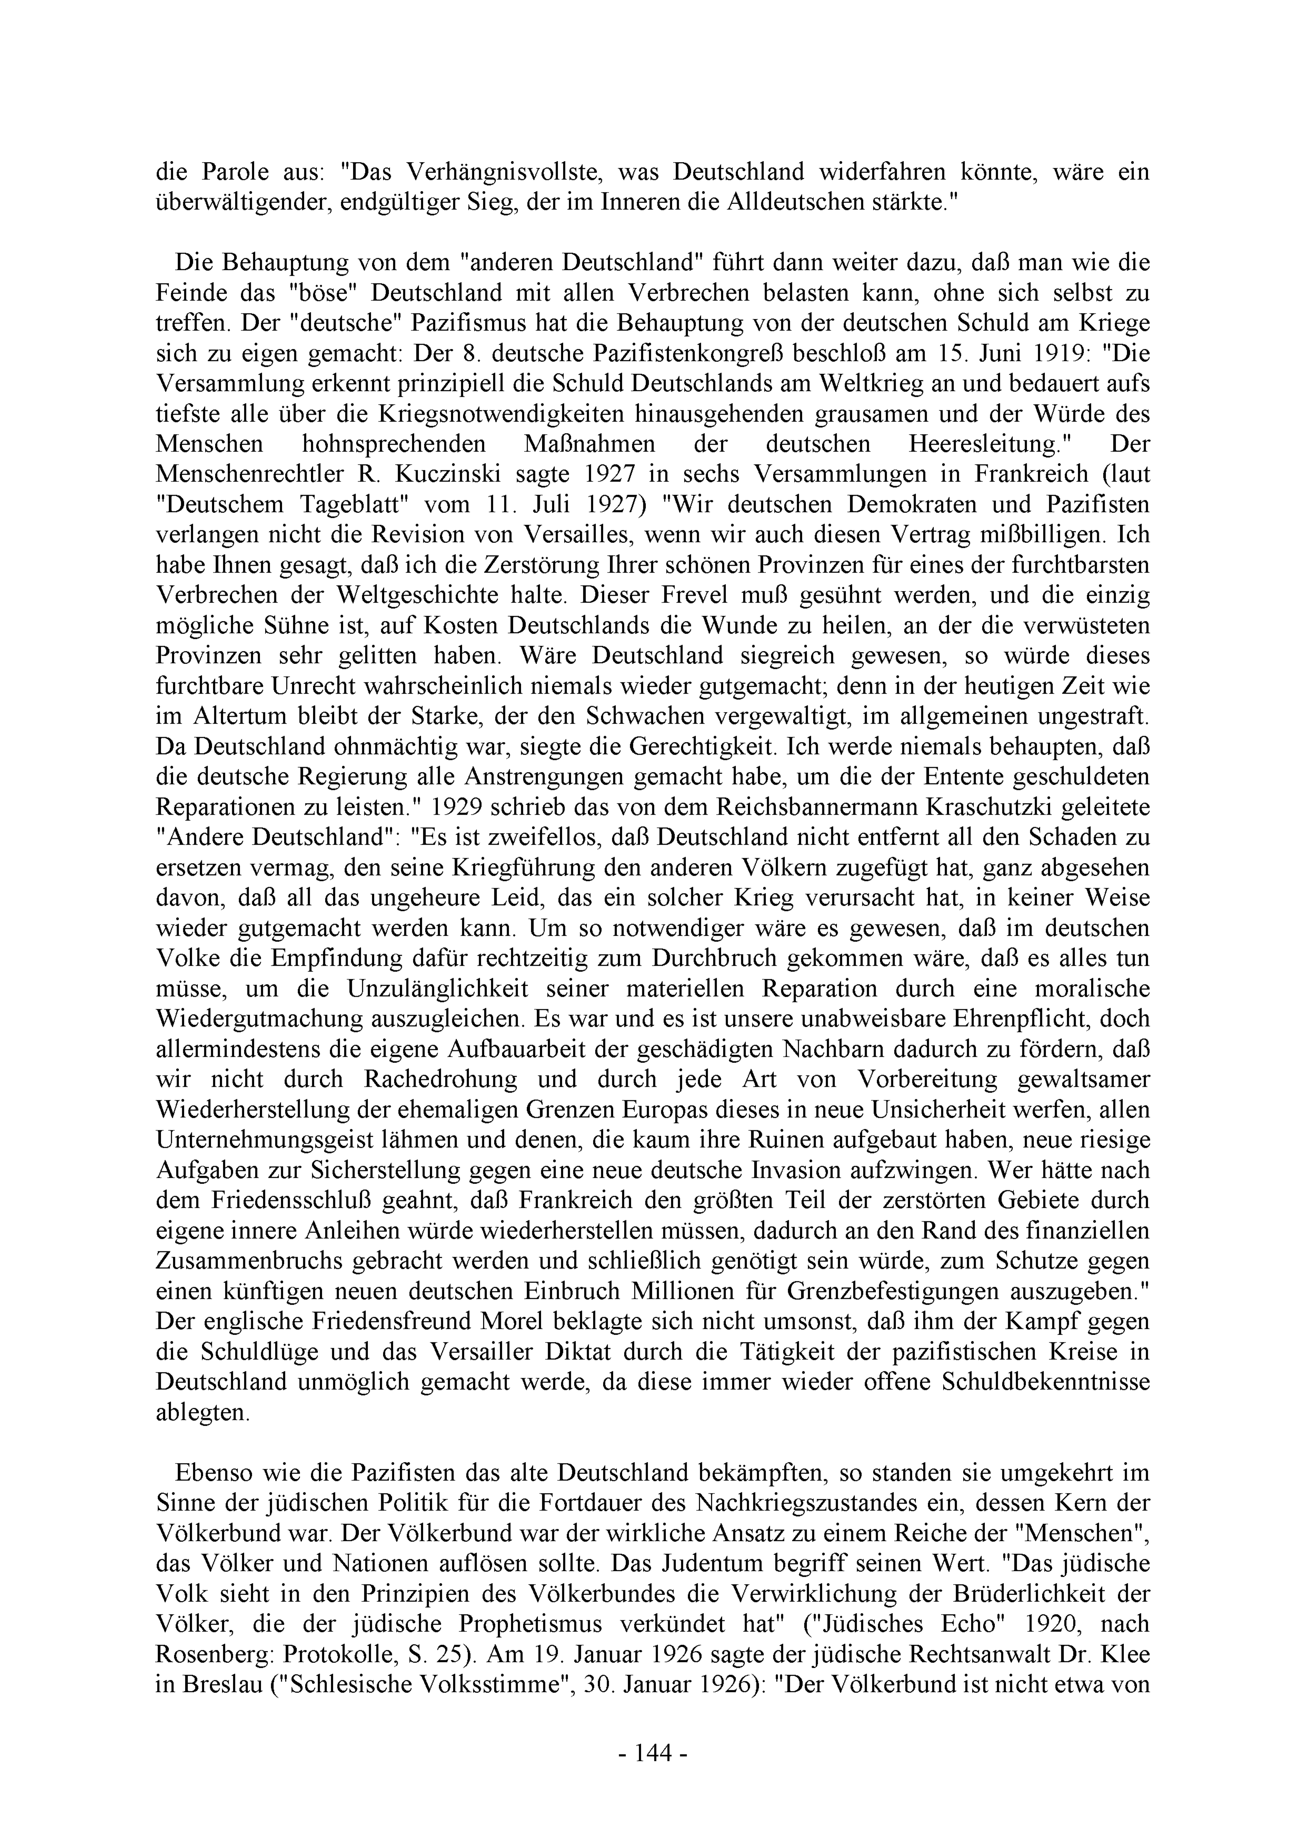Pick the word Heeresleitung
pyautogui.click(x=992, y=444)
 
